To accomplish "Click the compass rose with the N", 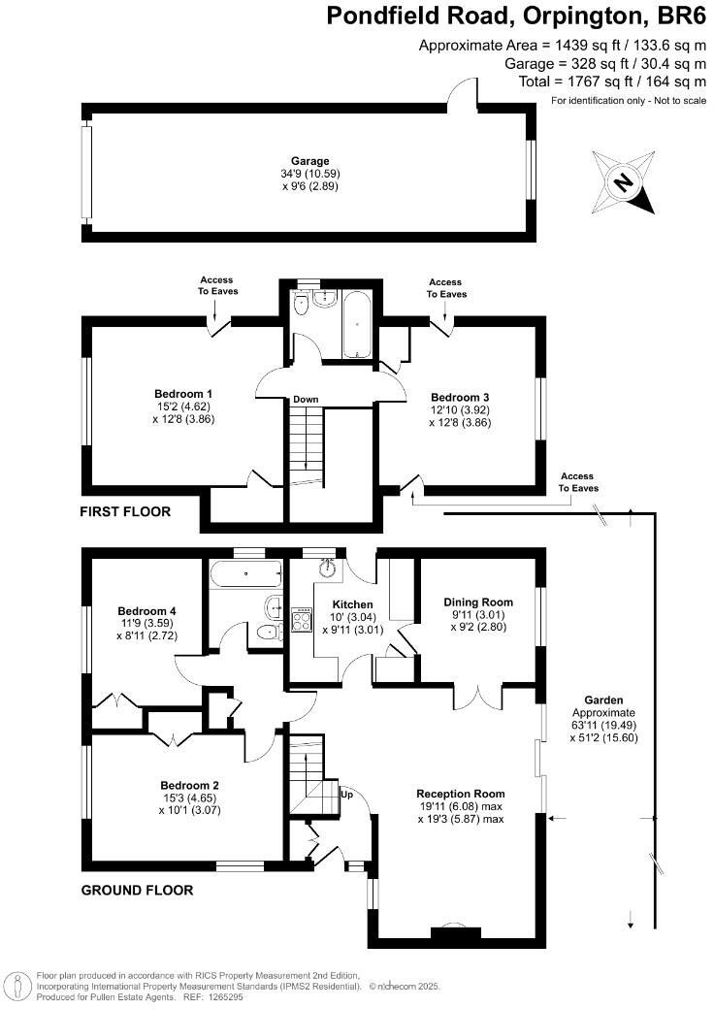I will pyautogui.click(x=623, y=181).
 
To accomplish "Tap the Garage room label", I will pyautogui.click(x=310, y=161).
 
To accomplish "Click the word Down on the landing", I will pyautogui.click(x=306, y=400).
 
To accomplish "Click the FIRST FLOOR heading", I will pyautogui.click(x=125, y=511).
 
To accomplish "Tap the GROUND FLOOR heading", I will pyautogui.click(x=137, y=890).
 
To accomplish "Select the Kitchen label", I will pyautogui.click(x=353, y=604).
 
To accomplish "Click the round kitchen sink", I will pyautogui.click(x=327, y=567).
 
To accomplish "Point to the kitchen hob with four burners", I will pyautogui.click(x=302, y=618).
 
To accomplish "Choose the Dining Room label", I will pyautogui.click(x=478, y=602).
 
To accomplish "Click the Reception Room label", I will pyautogui.click(x=461, y=793).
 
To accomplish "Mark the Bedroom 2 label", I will pyautogui.click(x=189, y=785).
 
